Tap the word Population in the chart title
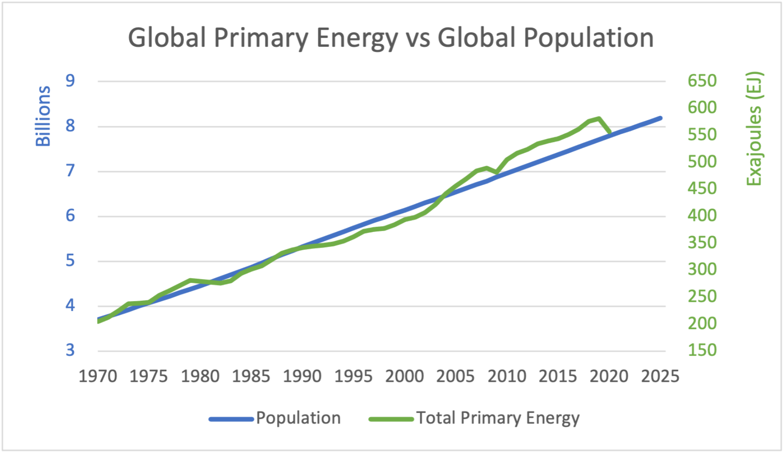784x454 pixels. click(588, 38)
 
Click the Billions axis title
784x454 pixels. click(43, 116)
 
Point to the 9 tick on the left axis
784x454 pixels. click(70, 81)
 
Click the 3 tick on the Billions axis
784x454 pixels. click(70, 350)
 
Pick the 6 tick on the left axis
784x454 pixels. click(70, 216)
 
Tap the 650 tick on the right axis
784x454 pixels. click(702, 81)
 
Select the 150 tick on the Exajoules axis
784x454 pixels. click(702, 350)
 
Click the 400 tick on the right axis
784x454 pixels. click(702, 215)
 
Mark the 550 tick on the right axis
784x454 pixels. click(702, 135)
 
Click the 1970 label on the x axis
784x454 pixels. click(98, 376)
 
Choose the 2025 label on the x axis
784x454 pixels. click(660, 376)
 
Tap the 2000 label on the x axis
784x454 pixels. click(405, 376)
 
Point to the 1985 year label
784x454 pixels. click(251, 376)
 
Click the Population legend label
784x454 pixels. click(298, 418)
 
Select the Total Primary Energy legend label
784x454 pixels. click(497, 418)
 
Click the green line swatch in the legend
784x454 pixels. click(391, 419)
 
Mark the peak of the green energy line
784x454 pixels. click(599, 118)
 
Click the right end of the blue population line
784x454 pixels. click(660, 118)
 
